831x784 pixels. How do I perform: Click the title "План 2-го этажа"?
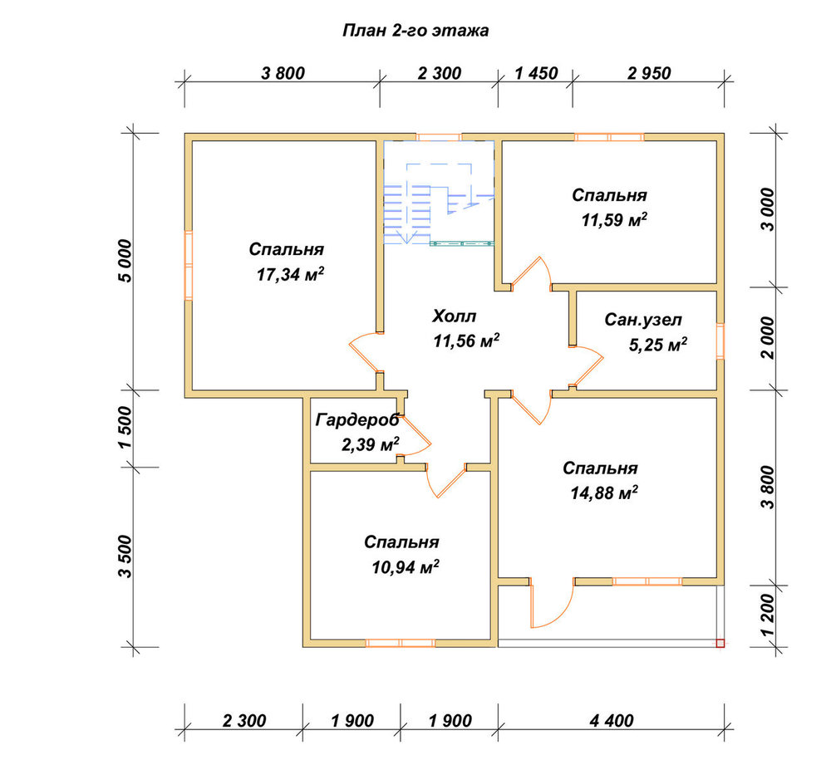[415, 31]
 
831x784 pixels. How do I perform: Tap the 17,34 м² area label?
[290, 274]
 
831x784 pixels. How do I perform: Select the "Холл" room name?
[455, 316]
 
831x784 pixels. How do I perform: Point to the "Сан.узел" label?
[643, 320]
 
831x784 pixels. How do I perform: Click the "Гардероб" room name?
[357, 420]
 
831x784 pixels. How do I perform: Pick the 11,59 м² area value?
[614, 219]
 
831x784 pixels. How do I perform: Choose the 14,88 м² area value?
[603, 493]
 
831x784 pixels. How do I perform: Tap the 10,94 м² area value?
[406, 567]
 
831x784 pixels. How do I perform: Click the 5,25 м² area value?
[658, 345]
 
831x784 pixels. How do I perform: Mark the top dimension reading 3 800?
[283, 73]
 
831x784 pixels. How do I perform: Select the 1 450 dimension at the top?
[536, 73]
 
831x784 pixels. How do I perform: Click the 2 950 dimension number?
[649, 73]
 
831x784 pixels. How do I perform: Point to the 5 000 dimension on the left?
[125, 261]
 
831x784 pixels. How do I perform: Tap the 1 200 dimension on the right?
[767, 615]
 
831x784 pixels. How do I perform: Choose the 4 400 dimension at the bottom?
[611, 720]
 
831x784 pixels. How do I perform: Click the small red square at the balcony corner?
[720, 643]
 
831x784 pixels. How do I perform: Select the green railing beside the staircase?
[461, 243]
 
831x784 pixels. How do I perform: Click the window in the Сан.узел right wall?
[720, 341]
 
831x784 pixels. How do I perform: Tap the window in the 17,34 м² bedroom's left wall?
[188, 266]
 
